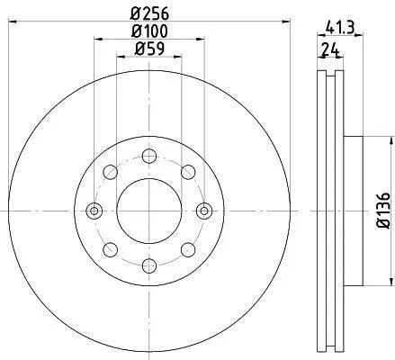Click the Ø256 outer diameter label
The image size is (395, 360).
pyautogui.click(x=149, y=13)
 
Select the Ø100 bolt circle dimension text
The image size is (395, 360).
pyautogui.click(x=149, y=31)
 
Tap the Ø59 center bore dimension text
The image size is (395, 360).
pyautogui.click(x=149, y=49)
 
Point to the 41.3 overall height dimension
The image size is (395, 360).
pyautogui.click(x=340, y=28)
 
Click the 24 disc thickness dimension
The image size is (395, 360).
pyautogui.click(x=330, y=49)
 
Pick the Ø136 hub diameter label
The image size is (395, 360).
pyautogui.click(x=383, y=211)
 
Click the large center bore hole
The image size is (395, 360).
pyautogui.click(x=149, y=211)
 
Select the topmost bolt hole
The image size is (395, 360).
pyautogui.click(x=149, y=156)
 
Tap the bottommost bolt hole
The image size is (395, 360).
pyautogui.click(x=149, y=265)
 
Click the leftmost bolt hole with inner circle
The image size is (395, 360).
pyautogui.click(x=94, y=211)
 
